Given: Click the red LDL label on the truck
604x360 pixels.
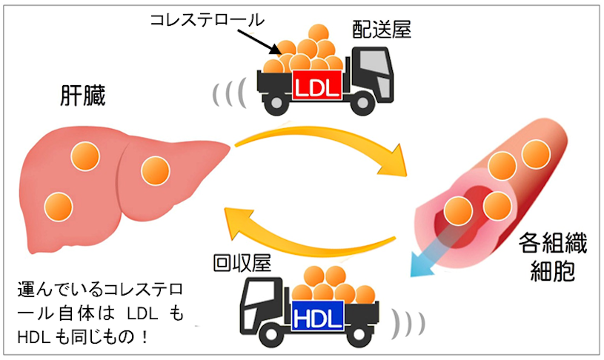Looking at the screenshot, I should pos(316,87).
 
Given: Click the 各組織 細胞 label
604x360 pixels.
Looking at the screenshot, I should pos(545,254).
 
